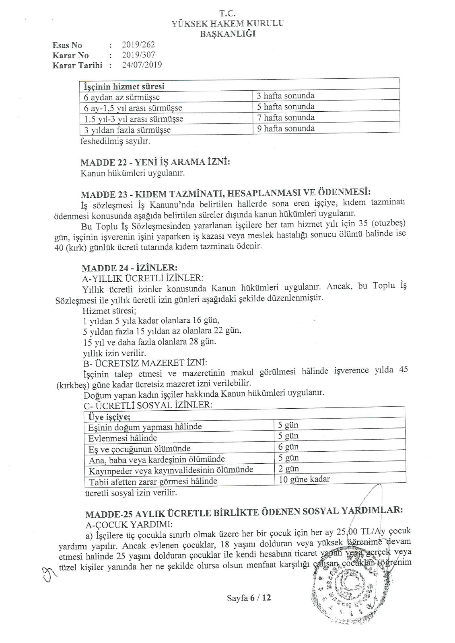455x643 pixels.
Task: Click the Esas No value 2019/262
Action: pyautogui.click(x=138, y=45)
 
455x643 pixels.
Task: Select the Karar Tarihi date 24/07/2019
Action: pyautogui.click(x=142, y=65)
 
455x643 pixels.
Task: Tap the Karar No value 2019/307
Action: pyautogui.click(x=138, y=55)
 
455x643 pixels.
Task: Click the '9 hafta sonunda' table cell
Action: pyautogui.click(x=286, y=129)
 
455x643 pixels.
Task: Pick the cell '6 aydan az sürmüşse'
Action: pyautogui.click(x=122, y=97)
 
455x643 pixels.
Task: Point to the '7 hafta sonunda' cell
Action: pyautogui.click(x=286, y=118)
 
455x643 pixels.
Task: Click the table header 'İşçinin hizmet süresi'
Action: pyautogui.click(x=124, y=86)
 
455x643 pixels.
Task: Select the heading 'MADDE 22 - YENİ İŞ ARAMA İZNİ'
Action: pyautogui.click(x=156, y=162)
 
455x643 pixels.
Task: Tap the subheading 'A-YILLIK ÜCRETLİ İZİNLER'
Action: pyautogui.click(x=143, y=278)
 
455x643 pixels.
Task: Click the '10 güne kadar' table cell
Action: pyautogui.click(x=304, y=479)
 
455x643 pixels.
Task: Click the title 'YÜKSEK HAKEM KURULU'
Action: pyautogui.click(x=228, y=23)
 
